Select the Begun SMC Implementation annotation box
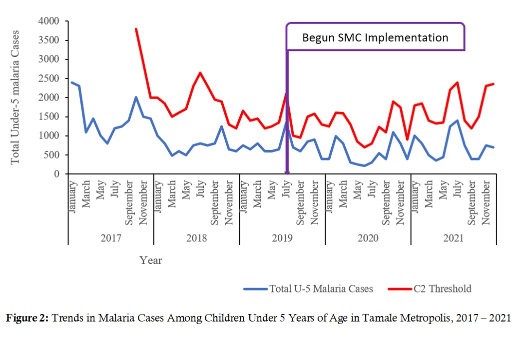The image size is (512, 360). tap(375, 37)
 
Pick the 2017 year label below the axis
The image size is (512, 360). tap(111, 238)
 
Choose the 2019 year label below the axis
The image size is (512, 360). tap(282, 238)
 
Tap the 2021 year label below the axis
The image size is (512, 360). tap(454, 238)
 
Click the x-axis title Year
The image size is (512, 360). tap(150, 260)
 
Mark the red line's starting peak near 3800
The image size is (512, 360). tap(136, 29)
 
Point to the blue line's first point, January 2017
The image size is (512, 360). tap(72, 82)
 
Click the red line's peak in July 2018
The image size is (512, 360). tap(200, 73)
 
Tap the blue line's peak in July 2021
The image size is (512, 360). tap(457, 120)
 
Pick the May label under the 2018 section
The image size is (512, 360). tap(186, 190)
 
